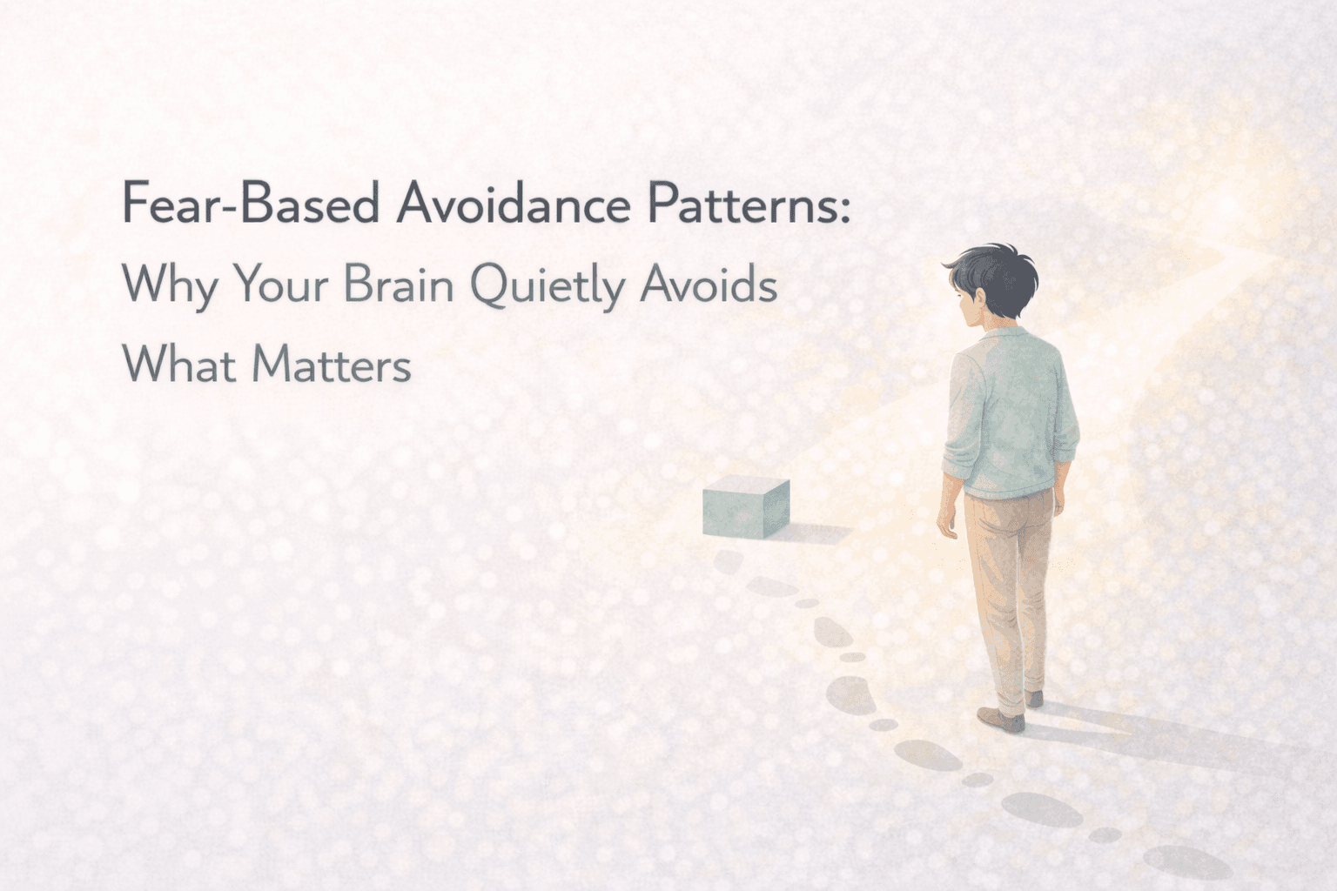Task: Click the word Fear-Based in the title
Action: (251, 204)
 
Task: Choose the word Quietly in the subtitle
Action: (548, 285)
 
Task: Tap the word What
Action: (179, 364)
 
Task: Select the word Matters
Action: (332, 364)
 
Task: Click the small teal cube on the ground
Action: (745, 508)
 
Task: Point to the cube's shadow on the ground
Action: (818, 533)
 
